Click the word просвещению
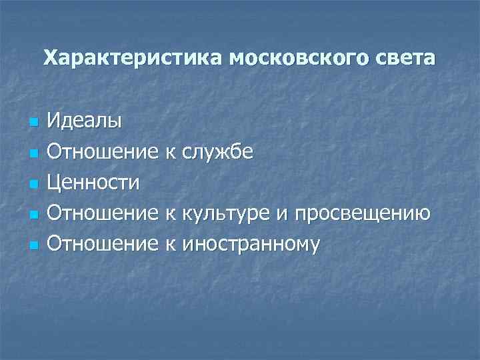point(361,213)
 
